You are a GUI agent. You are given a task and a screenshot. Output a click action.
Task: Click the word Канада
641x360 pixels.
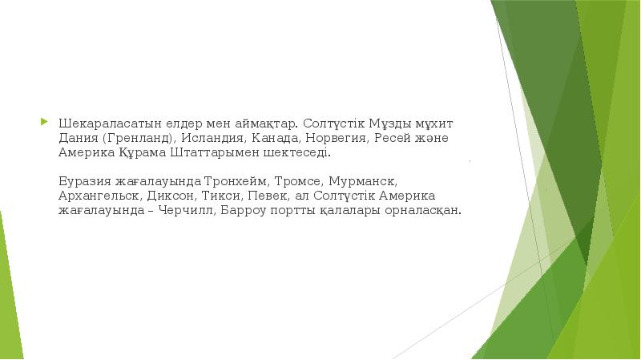click(x=267, y=139)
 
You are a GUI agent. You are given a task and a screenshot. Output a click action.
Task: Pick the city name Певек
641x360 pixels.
click(x=270, y=196)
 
